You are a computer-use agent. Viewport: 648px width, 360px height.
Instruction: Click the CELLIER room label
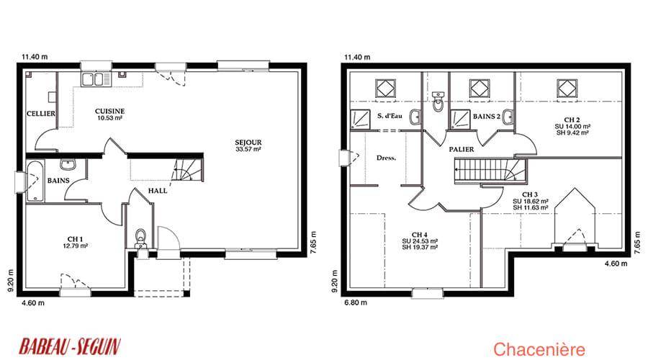click(x=41, y=113)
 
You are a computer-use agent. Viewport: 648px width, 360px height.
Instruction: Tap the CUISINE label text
click(x=109, y=111)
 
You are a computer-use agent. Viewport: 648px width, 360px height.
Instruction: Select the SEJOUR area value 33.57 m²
click(x=248, y=149)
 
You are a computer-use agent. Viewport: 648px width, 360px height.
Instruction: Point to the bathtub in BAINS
click(x=35, y=181)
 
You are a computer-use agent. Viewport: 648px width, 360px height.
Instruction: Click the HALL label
click(x=158, y=191)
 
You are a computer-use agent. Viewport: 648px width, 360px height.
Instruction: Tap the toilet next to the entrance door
click(x=141, y=238)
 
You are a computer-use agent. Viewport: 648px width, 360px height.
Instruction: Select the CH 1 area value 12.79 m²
click(x=75, y=246)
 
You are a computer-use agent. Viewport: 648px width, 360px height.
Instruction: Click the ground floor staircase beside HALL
click(x=188, y=169)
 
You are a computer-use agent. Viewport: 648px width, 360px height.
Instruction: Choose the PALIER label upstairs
click(x=462, y=149)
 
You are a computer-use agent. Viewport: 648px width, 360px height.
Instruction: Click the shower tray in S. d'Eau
click(x=361, y=120)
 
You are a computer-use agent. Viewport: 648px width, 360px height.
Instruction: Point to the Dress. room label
click(x=386, y=158)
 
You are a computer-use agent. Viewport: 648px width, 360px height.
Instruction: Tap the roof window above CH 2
click(x=567, y=89)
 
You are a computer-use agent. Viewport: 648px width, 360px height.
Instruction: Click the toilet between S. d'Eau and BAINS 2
click(x=438, y=102)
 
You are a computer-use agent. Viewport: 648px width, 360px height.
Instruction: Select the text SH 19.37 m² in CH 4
click(x=420, y=247)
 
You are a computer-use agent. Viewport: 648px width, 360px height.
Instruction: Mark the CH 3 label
click(x=530, y=194)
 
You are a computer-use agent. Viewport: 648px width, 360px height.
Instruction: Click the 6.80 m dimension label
click(x=356, y=302)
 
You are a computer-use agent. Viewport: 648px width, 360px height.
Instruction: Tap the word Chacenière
click(x=539, y=350)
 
